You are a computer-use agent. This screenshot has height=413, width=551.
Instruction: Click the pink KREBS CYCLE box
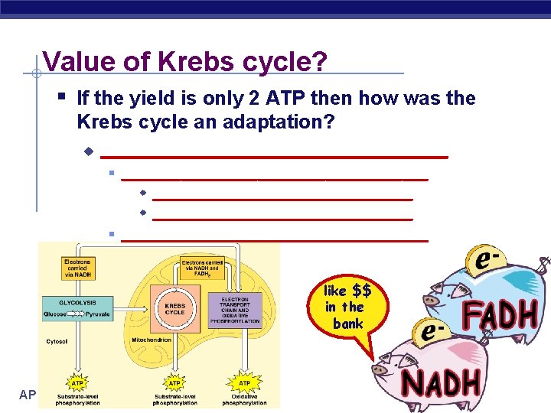[x=174, y=307]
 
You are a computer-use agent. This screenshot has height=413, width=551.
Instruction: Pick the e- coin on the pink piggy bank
[x=431, y=332]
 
